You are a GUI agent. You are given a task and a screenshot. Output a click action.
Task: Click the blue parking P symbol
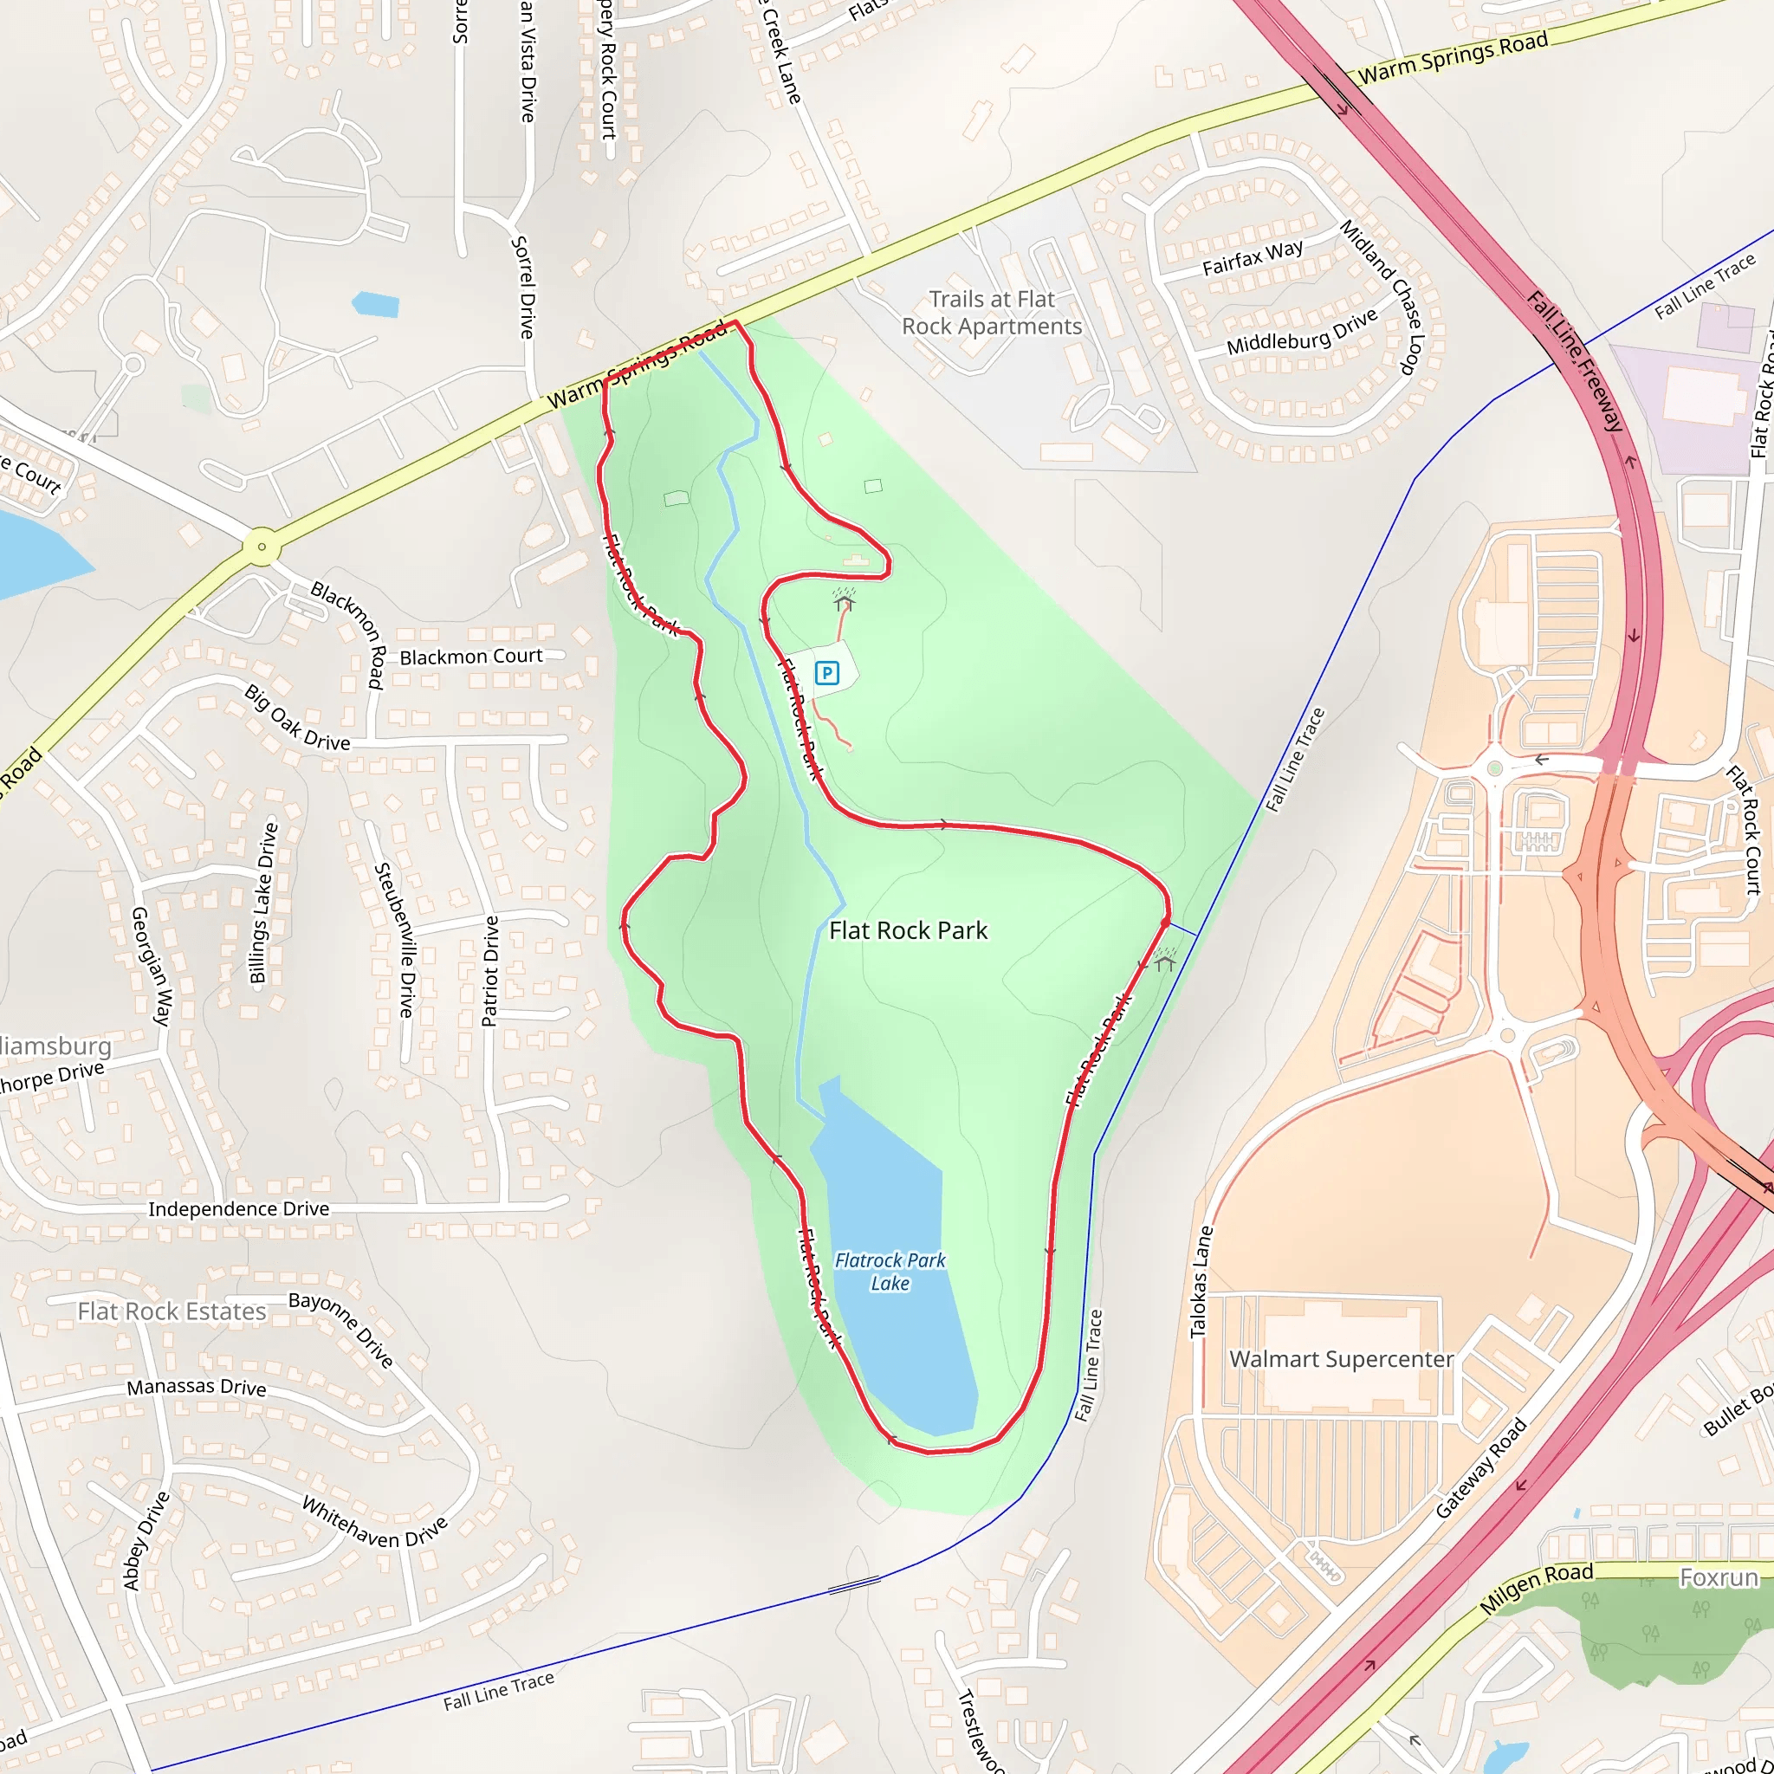pyautogui.click(x=826, y=674)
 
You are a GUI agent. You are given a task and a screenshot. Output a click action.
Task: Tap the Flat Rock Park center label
pyautogui.click(x=908, y=931)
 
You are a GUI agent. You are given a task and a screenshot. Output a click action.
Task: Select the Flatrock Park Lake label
pyautogui.click(x=890, y=1272)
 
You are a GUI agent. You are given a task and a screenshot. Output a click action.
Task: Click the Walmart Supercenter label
pyautogui.click(x=1342, y=1359)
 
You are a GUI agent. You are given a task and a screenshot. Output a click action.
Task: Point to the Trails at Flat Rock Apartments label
pyautogui.click(x=992, y=313)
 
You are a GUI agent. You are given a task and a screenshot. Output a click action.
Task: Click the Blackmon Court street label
pyautogui.click(x=471, y=657)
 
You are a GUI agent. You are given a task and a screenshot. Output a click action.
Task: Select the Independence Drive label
pyautogui.click(x=239, y=1208)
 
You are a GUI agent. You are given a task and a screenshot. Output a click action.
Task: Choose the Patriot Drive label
pyautogui.click(x=490, y=970)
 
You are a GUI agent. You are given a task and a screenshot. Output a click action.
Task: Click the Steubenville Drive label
pyautogui.click(x=396, y=939)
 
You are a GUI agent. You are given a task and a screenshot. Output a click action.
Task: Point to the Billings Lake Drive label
pyautogui.click(x=263, y=903)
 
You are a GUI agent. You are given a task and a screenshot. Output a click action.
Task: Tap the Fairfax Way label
pyautogui.click(x=1253, y=258)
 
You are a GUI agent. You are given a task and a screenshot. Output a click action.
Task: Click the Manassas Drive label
pyautogui.click(x=197, y=1387)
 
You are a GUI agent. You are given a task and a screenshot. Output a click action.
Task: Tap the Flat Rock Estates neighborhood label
pyautogui.click(x=172, y=1311)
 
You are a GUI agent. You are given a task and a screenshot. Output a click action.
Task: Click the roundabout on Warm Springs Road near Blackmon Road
pyautogui.click(x=262, y=547)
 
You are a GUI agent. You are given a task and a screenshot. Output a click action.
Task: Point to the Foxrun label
pyautogui.click(x=1718, y=1577)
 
